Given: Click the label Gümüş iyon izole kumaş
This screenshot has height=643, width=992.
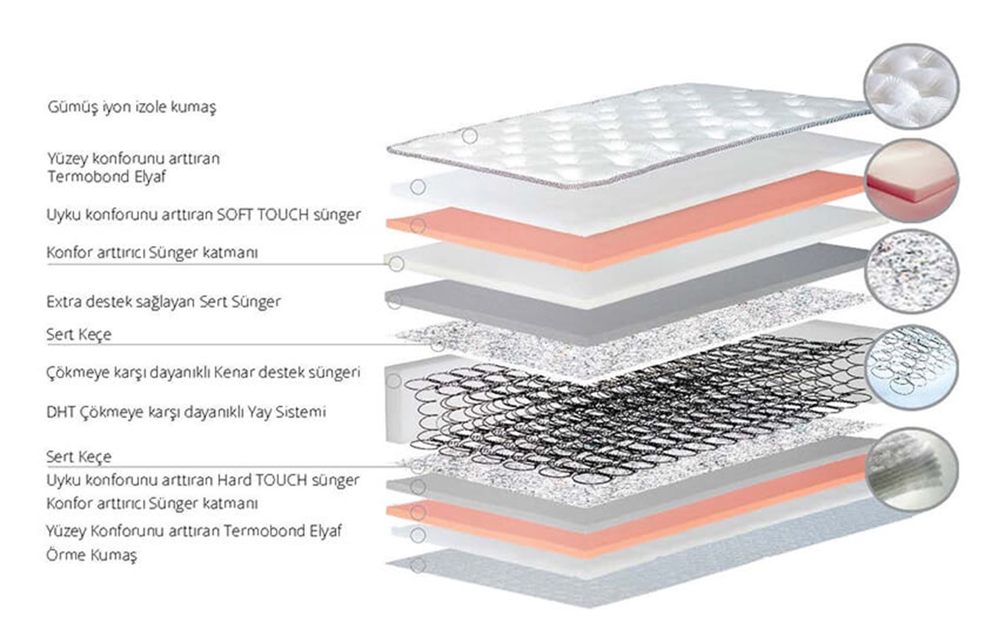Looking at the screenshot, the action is (x=132, y=107).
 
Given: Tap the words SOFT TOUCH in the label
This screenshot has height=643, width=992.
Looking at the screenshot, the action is (x=262, y=214).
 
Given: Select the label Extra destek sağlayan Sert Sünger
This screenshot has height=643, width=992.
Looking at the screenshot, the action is (x=164, y=302).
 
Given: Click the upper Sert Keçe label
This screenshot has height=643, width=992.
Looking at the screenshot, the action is (x=79, y=334).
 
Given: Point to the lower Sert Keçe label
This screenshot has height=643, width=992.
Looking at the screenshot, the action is (x=79, y=457).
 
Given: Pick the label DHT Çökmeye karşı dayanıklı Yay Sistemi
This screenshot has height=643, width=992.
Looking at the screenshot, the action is (x=186, y=412).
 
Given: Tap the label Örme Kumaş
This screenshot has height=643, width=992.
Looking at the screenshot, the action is (x=91, y=555).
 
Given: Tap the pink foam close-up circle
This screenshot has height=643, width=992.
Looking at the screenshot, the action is (x=911, y=180).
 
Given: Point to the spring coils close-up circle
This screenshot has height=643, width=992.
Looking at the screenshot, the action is (x=911, y=367).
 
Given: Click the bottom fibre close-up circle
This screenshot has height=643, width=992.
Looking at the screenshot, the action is (x=911, y=468).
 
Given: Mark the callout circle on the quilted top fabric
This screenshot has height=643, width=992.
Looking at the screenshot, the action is (x=470, y=136).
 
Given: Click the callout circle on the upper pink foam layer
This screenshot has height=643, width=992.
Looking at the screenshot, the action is (x=418, y=226).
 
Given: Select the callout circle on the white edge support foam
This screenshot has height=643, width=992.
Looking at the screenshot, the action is (x=394, y=381).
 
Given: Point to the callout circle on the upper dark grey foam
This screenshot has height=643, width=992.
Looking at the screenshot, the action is (x=394, y=302).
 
